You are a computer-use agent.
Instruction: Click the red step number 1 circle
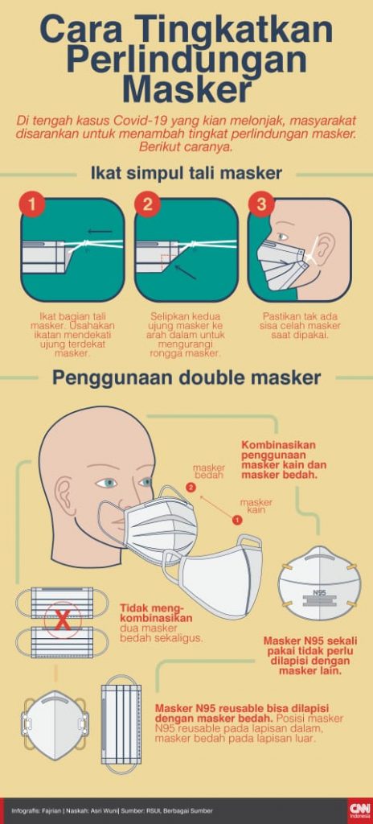(x=33, y=205)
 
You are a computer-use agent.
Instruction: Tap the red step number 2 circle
(x=147, y=205)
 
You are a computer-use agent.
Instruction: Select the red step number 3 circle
(x=261, y=205)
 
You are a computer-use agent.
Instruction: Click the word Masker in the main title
(x=186, y=89)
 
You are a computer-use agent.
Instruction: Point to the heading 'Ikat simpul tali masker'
(x=186, y=173)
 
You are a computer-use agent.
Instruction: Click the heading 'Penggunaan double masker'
(x=186, y=378)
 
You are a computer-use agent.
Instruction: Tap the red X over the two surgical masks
(x=63, y=623)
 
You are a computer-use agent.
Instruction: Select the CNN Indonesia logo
(x=359, y=810)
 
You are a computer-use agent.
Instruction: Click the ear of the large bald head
(x=64, y=496)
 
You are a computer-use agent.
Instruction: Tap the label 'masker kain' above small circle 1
(x=256, y=505)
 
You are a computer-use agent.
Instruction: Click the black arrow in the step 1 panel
(x=100, y=231)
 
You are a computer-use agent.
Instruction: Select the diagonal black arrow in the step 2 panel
(x=186, y=272)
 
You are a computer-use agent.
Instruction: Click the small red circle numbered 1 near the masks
(x=236, y=521)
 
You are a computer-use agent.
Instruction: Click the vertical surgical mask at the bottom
(x=121, y=727)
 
